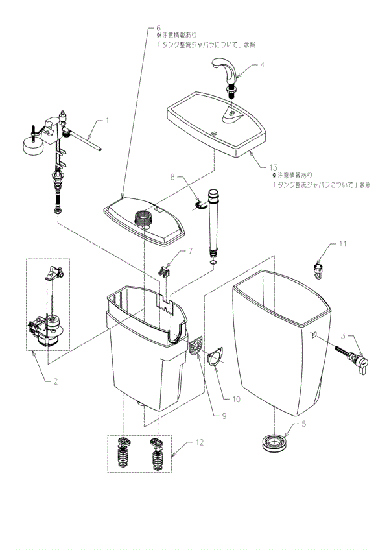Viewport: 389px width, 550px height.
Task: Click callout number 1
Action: (x=108, y=120)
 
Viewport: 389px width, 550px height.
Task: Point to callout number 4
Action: (x=263, y=65)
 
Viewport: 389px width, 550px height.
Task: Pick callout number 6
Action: (x=158, y=28)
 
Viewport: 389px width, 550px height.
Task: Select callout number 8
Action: (x=172, y=176)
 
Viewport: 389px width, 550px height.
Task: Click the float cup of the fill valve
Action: (x=30, y=145)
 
